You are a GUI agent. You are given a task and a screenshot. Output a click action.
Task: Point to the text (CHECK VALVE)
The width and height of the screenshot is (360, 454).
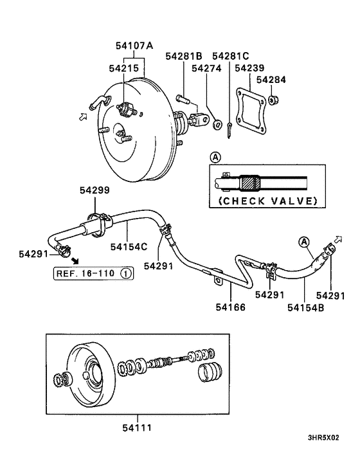(x=268, y=201)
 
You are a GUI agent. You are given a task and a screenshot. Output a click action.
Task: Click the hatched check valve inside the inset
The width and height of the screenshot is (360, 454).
(x=249, y=183)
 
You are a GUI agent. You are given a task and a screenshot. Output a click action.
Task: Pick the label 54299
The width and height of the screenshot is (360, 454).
(x=94, y=190)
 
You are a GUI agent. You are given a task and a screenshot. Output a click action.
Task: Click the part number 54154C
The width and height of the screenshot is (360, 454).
(x=129, y=246)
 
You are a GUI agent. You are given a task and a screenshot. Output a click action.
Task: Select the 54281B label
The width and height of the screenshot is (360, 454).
(x=184, y=56)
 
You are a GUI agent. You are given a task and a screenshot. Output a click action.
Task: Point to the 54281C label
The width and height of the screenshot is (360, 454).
(x=230, y=56)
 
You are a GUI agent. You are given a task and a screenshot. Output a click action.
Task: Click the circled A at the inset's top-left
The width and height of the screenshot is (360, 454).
(x=214, y=156)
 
